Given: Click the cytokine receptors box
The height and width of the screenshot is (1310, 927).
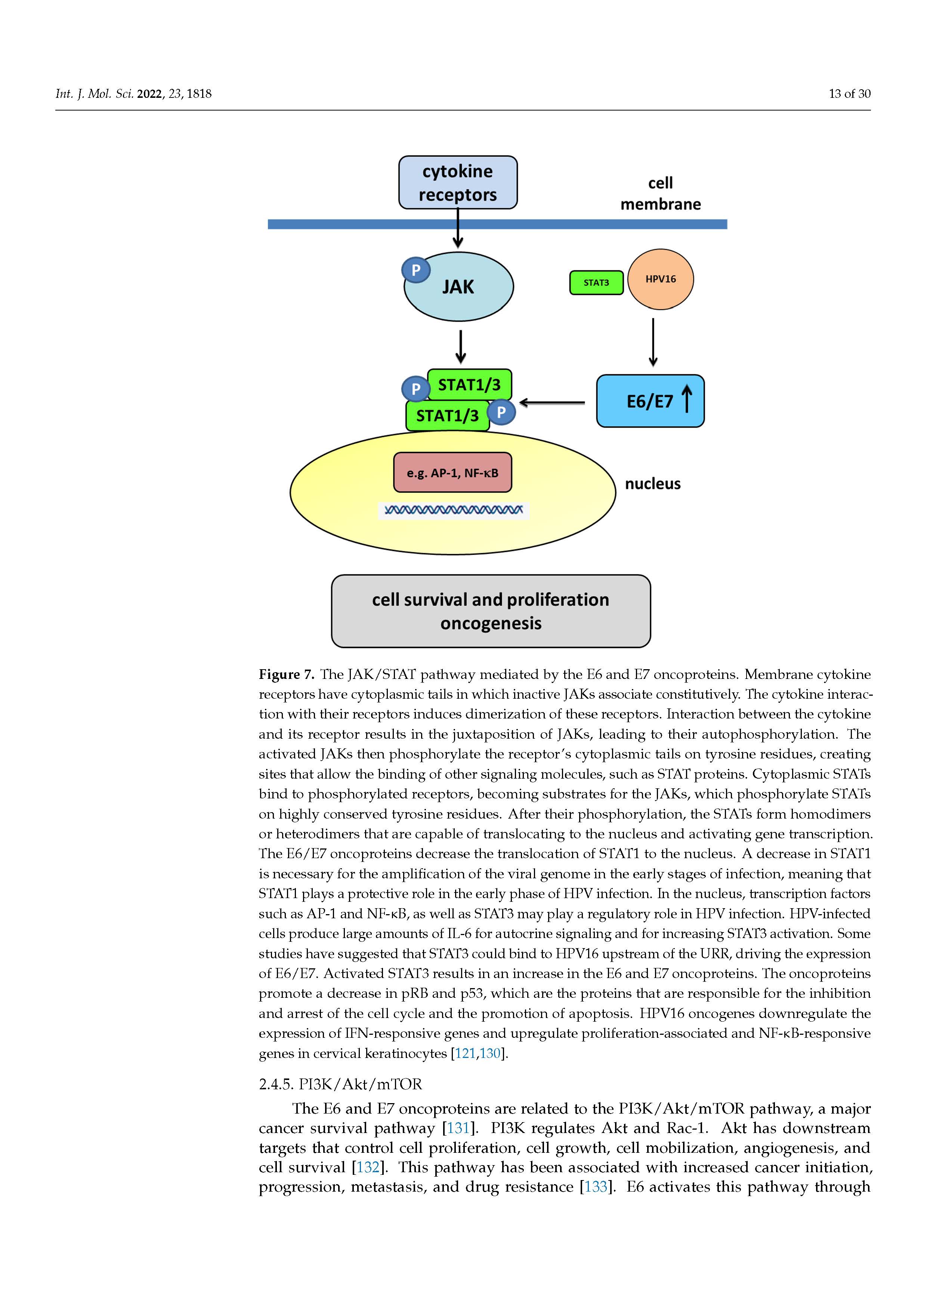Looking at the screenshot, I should pyautogui.click(x=458, y=183).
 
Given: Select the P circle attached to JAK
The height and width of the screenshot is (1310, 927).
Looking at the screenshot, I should pyautogui.click(x=416, y=270).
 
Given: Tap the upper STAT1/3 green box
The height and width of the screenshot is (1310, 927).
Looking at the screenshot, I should pyautogui.click(x=469, y=385).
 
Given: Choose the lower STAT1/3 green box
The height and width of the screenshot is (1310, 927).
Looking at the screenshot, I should pyautogui.click(x=448, y=416).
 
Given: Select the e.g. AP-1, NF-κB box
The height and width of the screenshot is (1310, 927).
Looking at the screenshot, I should pyautogui.click(x=452, y=472).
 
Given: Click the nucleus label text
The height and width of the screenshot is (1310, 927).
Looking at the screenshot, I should pyautogui.click(x=652, y=484).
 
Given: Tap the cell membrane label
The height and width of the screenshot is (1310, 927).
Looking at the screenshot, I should pyautogui.click(x=661, y=193).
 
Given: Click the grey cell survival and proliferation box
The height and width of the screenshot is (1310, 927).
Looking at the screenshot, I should pyautogui.click(x=491, y=611).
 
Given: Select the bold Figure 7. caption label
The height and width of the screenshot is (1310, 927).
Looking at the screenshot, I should pyautogui.click(x=286, y=674).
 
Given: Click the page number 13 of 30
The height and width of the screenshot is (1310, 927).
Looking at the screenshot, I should pyautogui.click(x=849, y=94).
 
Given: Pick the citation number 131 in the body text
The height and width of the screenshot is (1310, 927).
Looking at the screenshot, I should pyautogui.click(x=458, y=1128).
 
